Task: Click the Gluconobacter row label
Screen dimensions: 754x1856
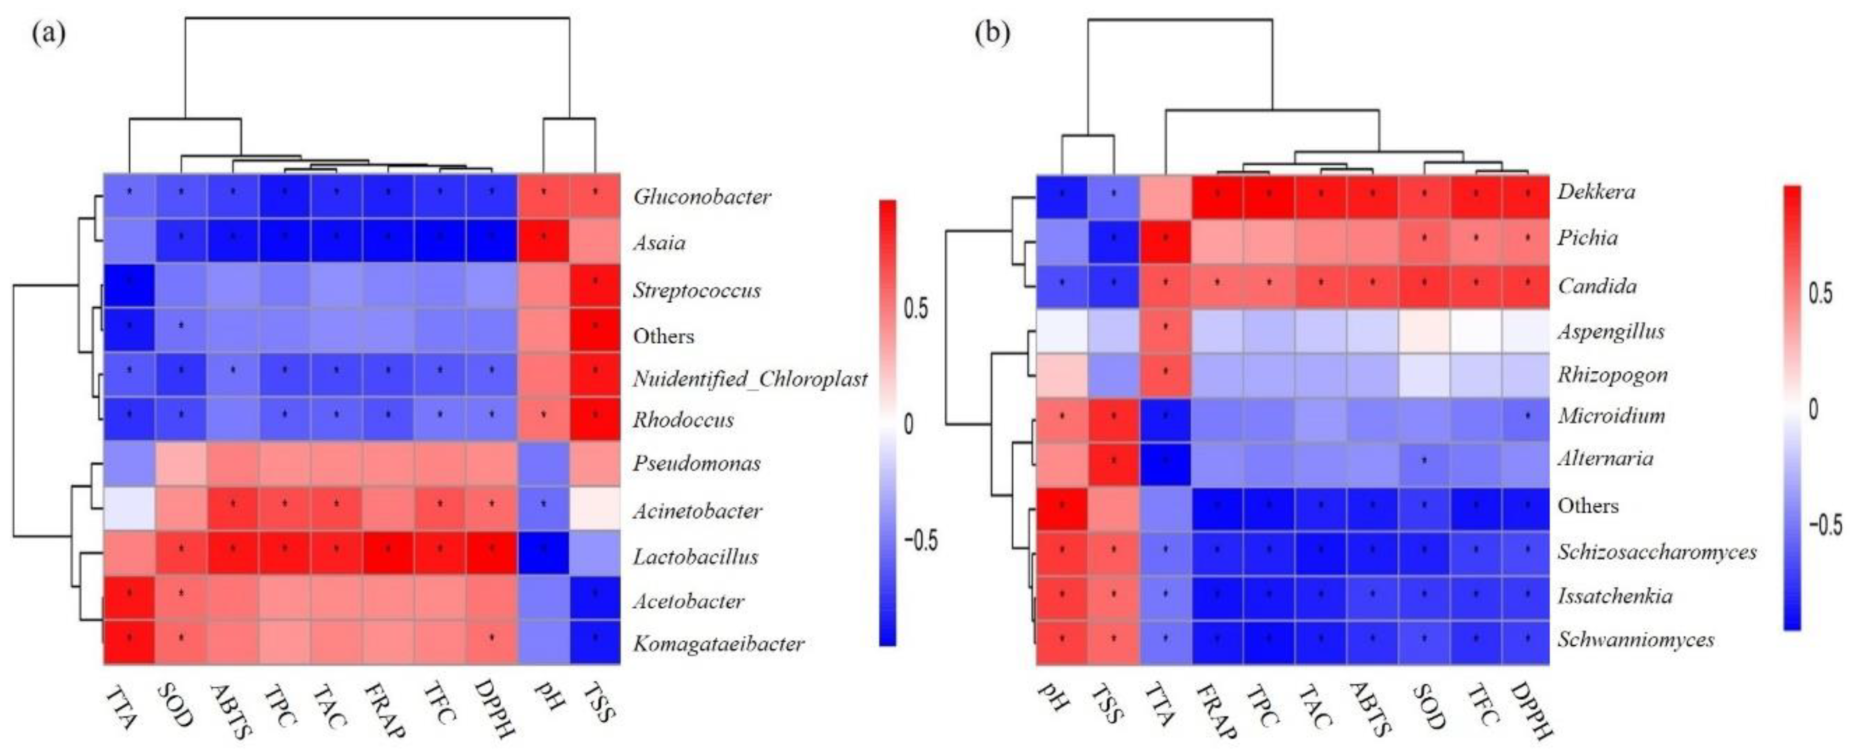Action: click(702, 196)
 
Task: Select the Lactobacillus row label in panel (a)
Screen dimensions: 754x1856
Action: click(695, 557)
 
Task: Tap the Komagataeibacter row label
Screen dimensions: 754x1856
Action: click(719, 643)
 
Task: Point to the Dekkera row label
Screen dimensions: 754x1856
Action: click(1596, 192)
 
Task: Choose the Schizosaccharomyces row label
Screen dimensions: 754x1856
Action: click(1657, 552)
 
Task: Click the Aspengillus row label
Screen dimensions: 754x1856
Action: click(1611, 331)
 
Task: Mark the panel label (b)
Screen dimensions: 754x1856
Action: click(992, 34)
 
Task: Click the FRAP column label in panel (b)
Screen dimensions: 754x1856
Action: click(1216, 710)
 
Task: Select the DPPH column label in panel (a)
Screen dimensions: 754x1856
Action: click(494, 710)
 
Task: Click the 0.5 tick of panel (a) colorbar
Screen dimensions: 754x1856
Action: click(916, 308)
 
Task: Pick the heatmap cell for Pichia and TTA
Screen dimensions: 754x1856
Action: click(1166, 241)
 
